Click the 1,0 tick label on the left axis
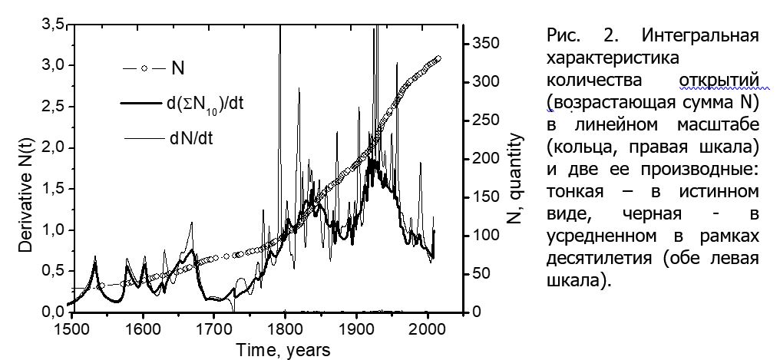click(x=51, y=230)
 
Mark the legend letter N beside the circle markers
click(x=177, y=68)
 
